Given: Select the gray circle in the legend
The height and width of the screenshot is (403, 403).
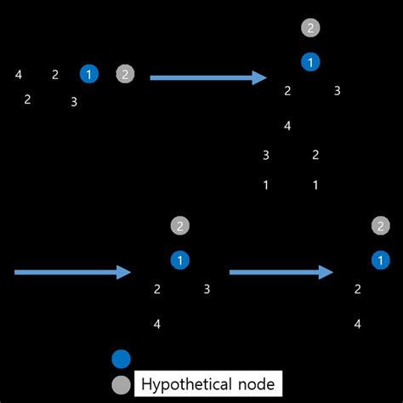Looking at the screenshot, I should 122,384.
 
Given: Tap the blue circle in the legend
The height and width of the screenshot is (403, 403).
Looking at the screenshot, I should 122,359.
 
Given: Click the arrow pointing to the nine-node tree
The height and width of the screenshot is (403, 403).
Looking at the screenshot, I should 208,77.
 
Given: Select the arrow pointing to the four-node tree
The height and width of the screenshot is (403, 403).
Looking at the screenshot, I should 281,272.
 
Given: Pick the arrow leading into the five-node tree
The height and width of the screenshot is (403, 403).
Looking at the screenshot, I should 72,272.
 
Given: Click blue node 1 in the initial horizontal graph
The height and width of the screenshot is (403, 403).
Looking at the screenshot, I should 89,74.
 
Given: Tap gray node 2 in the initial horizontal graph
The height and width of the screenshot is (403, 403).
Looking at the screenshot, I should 125,74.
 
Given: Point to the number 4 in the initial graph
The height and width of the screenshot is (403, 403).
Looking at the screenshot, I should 19,75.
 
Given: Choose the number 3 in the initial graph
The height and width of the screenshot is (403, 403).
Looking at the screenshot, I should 74,102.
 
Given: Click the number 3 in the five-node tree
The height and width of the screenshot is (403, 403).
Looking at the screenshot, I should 207,289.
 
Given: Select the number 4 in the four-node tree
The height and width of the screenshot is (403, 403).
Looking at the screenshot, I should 357,324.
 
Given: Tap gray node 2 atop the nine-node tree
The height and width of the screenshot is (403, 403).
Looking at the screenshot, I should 311,28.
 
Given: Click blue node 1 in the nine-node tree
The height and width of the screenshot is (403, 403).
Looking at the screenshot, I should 311,62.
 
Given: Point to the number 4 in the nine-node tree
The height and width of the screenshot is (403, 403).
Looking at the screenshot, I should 287,126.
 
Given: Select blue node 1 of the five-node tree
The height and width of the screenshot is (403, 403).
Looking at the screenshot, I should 179,260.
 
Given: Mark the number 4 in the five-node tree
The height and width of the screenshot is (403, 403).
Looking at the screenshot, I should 156,324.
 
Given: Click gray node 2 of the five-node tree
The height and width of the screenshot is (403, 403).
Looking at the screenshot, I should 179,226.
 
